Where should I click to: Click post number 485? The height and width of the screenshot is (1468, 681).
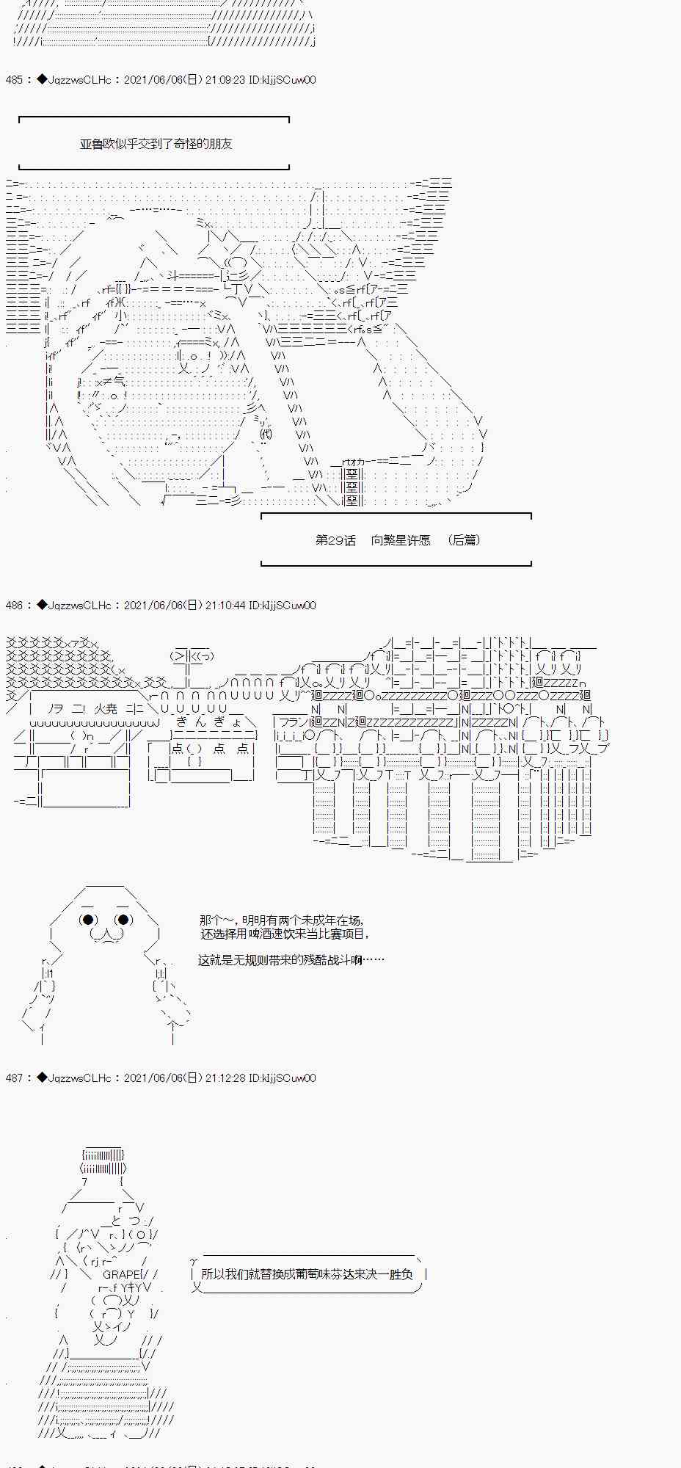coord(13,80)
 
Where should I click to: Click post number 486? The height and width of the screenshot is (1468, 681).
coord(13,606)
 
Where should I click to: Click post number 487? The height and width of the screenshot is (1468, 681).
coord(13,1078)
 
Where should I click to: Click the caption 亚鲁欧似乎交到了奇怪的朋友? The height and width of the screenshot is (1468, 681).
coord(156,144)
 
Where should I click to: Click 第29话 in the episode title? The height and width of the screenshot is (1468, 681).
coord(335,540)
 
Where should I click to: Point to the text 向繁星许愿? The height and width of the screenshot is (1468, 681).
coord(401,540)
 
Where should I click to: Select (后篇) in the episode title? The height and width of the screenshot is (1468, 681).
coord(464,540)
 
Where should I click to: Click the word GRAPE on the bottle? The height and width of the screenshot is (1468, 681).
coord(122,1275)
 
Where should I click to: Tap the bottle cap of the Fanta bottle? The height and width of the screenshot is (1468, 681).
coord(103,1161)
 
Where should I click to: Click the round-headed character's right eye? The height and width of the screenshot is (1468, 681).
coord(123,920)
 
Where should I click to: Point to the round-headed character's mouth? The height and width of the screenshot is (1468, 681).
coord(106,934)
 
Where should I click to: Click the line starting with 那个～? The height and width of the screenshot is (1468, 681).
coord(281,920)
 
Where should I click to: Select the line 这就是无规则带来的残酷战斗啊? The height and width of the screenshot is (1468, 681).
coord(290,960)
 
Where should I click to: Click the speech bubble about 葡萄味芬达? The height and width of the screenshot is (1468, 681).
coord(307,1275)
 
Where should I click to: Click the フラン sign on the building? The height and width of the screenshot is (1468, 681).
coord(294,723)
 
